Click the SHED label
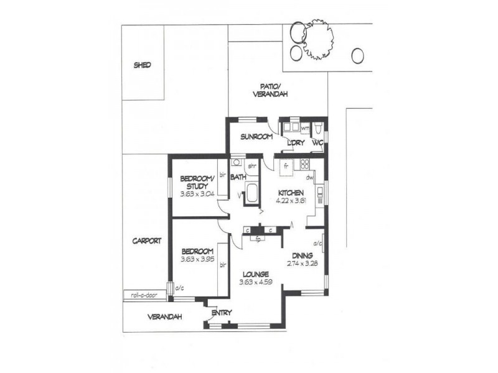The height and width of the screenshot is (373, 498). pos(143,65)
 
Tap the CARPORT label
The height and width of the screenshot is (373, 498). pos(148,241)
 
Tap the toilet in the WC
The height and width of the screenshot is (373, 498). pos(317,130)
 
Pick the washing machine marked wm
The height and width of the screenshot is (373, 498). pos(305,128)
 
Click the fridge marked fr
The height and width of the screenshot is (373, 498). pos(286,166)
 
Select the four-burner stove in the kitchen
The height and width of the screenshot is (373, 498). pos(305,165)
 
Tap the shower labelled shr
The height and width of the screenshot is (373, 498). pos(252,165)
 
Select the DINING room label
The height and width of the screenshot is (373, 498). pos(302,256)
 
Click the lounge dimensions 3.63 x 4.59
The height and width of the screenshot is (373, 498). pos(255,282)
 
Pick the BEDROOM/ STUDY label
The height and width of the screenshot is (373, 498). pos(196,182)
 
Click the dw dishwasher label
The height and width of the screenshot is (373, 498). pos(309,178)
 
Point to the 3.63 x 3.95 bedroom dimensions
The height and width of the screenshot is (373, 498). pos(197,259)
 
